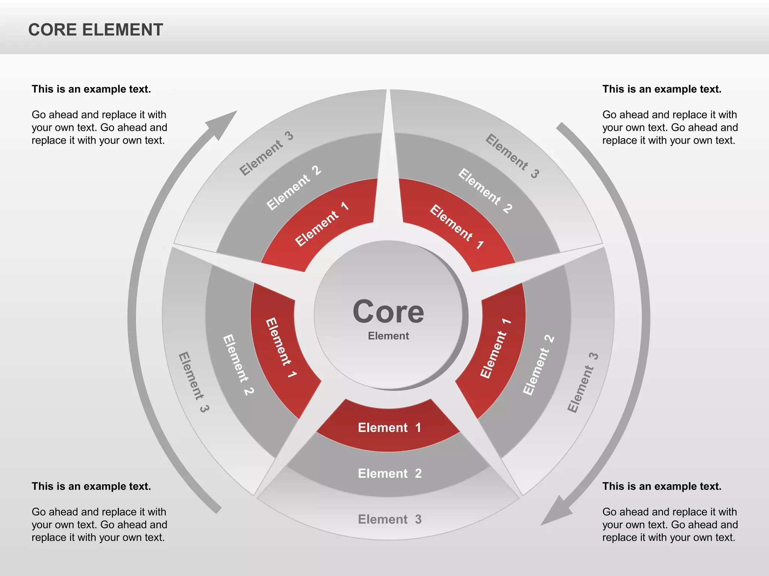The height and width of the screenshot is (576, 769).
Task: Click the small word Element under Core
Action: point(388,336)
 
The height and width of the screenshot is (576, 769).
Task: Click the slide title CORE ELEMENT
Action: point(96,30)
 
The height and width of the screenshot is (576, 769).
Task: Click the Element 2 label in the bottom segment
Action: point(390,474)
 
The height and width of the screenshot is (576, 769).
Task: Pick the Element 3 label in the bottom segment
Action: point(390,519)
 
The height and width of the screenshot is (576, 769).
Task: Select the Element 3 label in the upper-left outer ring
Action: point(266,153)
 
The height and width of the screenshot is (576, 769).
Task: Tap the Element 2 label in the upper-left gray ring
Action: point(294,188)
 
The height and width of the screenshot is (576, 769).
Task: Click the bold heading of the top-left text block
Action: point(91,89)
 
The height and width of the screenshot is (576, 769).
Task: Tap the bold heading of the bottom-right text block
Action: point(662,486)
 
